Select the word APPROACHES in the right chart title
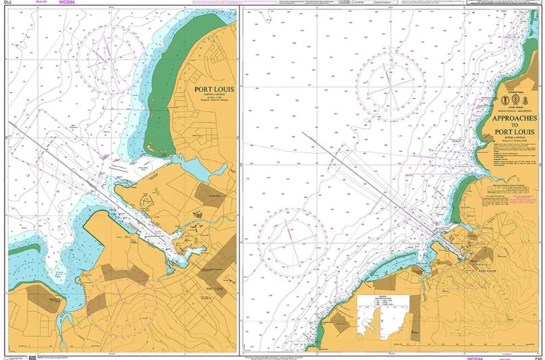515,116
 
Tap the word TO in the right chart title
515,125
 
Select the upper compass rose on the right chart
390,84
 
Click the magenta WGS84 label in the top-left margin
67,3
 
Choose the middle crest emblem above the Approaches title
515,99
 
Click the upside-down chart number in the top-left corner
7,3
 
